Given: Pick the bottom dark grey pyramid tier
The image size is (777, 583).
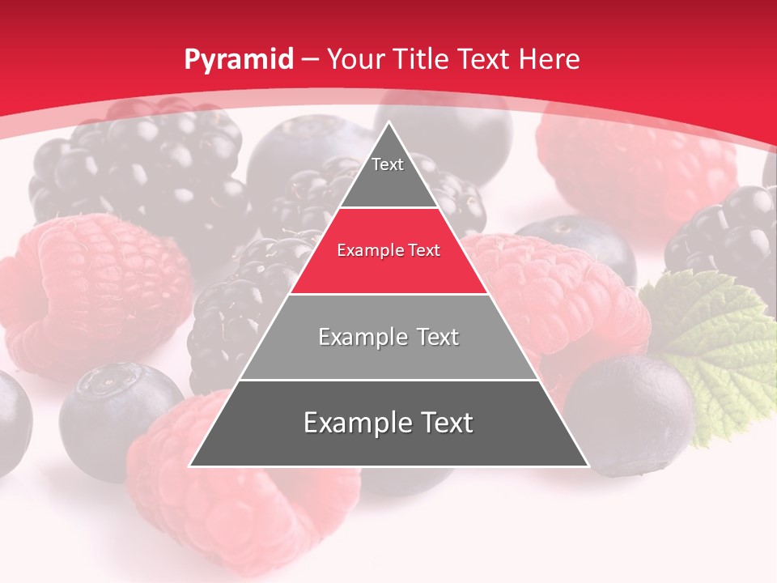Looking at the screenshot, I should tap(388, 425).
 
